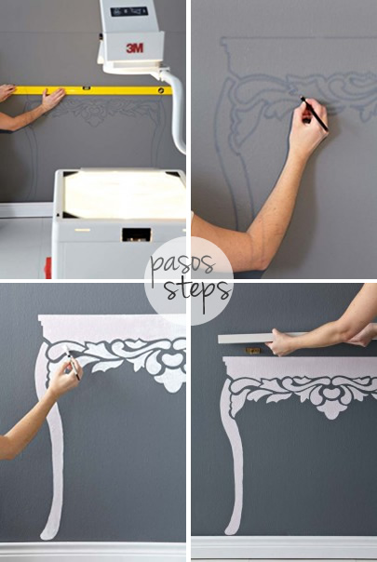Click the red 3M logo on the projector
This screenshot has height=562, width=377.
point(135,47)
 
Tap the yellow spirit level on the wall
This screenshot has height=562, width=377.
point(92,90)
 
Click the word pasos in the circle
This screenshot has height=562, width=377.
point(182,265)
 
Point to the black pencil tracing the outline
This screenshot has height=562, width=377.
point(315,114)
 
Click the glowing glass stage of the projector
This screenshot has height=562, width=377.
point(124,194)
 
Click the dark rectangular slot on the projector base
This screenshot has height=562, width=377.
point(136,234)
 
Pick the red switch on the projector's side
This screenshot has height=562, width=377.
point(47,268)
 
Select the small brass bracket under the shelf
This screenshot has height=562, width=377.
point(253,350)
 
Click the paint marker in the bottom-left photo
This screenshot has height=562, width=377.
point(72,362)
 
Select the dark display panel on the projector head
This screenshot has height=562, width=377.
point(129,12)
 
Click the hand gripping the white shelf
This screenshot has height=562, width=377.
point(280,341)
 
